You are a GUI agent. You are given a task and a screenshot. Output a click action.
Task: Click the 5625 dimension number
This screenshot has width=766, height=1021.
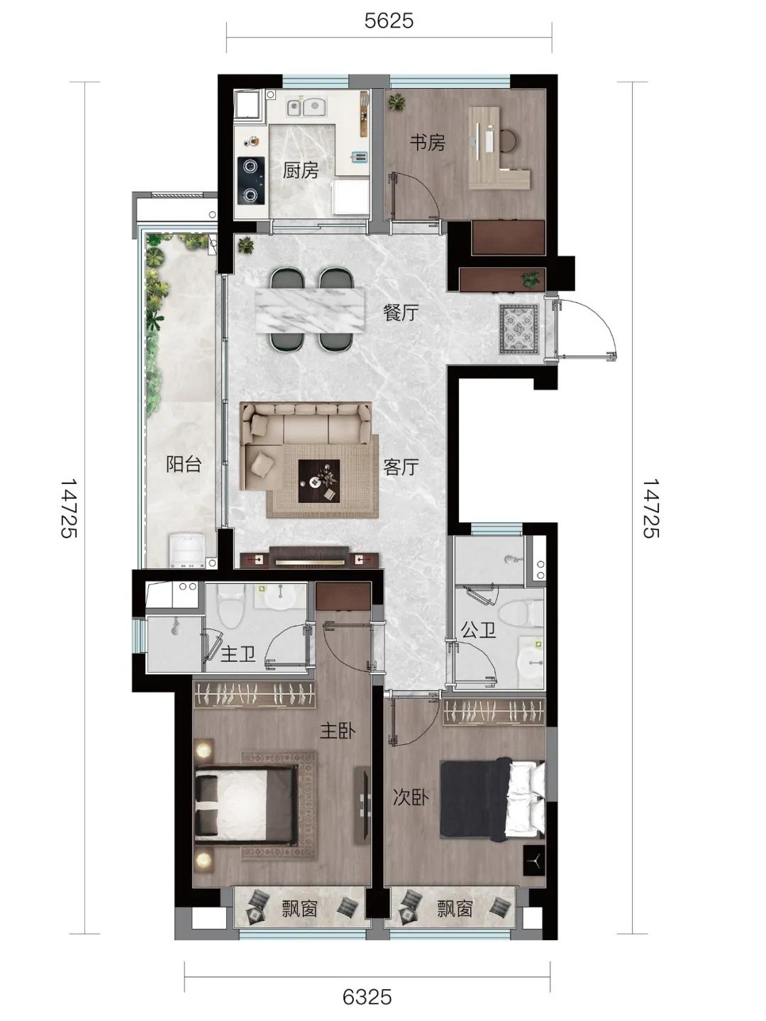tap(389, 21)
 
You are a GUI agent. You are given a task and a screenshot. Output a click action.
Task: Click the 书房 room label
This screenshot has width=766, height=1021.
tap(427, 143)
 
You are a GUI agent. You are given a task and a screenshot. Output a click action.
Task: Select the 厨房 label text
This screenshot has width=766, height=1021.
tap(301, 171)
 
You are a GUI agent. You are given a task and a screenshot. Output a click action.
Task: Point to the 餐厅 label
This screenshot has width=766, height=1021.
tap(401, 313)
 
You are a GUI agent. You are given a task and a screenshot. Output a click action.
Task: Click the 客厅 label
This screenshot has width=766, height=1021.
tap(401, 467)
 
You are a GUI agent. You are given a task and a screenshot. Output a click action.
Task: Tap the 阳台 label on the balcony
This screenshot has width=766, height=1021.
tap(184, 464)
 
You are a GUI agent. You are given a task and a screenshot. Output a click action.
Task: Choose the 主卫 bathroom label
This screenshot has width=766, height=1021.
tap(238, 654)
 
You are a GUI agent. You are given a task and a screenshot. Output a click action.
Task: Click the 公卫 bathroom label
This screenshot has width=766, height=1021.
tap(478, 630)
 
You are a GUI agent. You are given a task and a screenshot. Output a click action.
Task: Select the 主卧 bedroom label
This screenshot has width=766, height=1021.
tap(338, 732)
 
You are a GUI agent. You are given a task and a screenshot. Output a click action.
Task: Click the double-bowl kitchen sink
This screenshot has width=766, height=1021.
tap(307, 106)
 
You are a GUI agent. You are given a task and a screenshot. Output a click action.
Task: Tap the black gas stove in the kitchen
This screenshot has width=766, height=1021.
tap(251, 180)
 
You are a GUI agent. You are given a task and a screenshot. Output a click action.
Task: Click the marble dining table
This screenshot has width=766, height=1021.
tap(309, 311)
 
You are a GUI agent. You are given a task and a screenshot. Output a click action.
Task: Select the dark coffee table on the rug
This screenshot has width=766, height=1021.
tap(319, 481)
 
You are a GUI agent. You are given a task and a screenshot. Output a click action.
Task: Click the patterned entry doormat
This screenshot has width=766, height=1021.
tap(519, 329)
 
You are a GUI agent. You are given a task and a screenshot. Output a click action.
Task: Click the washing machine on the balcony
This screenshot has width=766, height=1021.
tap(187, 551)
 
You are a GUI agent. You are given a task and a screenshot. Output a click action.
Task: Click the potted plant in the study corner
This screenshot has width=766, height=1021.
tap(397, 101)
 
